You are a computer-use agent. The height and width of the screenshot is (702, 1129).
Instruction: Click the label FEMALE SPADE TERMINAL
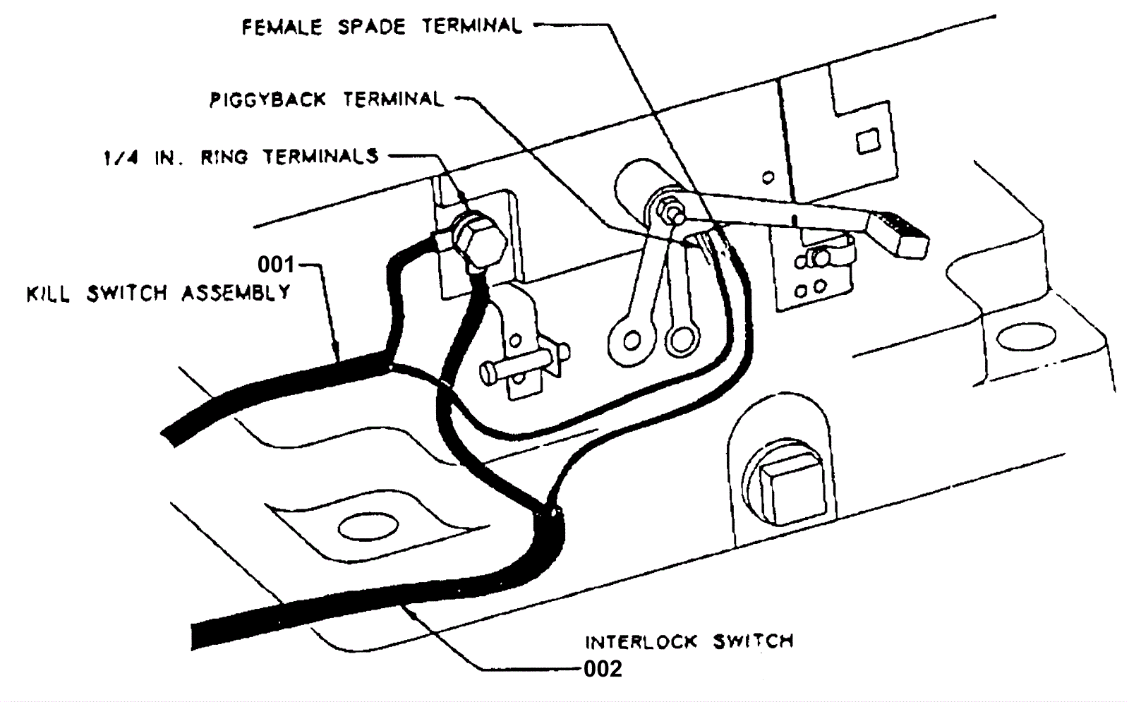(382, 27)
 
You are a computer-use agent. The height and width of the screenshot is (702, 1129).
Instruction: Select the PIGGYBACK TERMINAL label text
(326, 99)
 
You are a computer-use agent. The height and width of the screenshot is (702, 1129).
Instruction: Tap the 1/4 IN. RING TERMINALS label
(241, 157)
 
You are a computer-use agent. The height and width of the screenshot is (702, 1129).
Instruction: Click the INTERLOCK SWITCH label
(689, 641)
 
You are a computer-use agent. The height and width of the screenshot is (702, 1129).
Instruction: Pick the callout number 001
(275, 265)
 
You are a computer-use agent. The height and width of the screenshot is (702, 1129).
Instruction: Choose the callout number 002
(603, 668)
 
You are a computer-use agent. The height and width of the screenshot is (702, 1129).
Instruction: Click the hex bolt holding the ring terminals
(480, 240)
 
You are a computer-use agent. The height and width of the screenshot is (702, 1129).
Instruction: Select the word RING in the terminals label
(224, 157)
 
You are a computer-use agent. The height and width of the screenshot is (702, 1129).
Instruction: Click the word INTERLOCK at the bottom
(641, 641)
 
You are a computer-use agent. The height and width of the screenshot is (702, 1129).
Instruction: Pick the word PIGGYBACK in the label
(267, 99)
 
